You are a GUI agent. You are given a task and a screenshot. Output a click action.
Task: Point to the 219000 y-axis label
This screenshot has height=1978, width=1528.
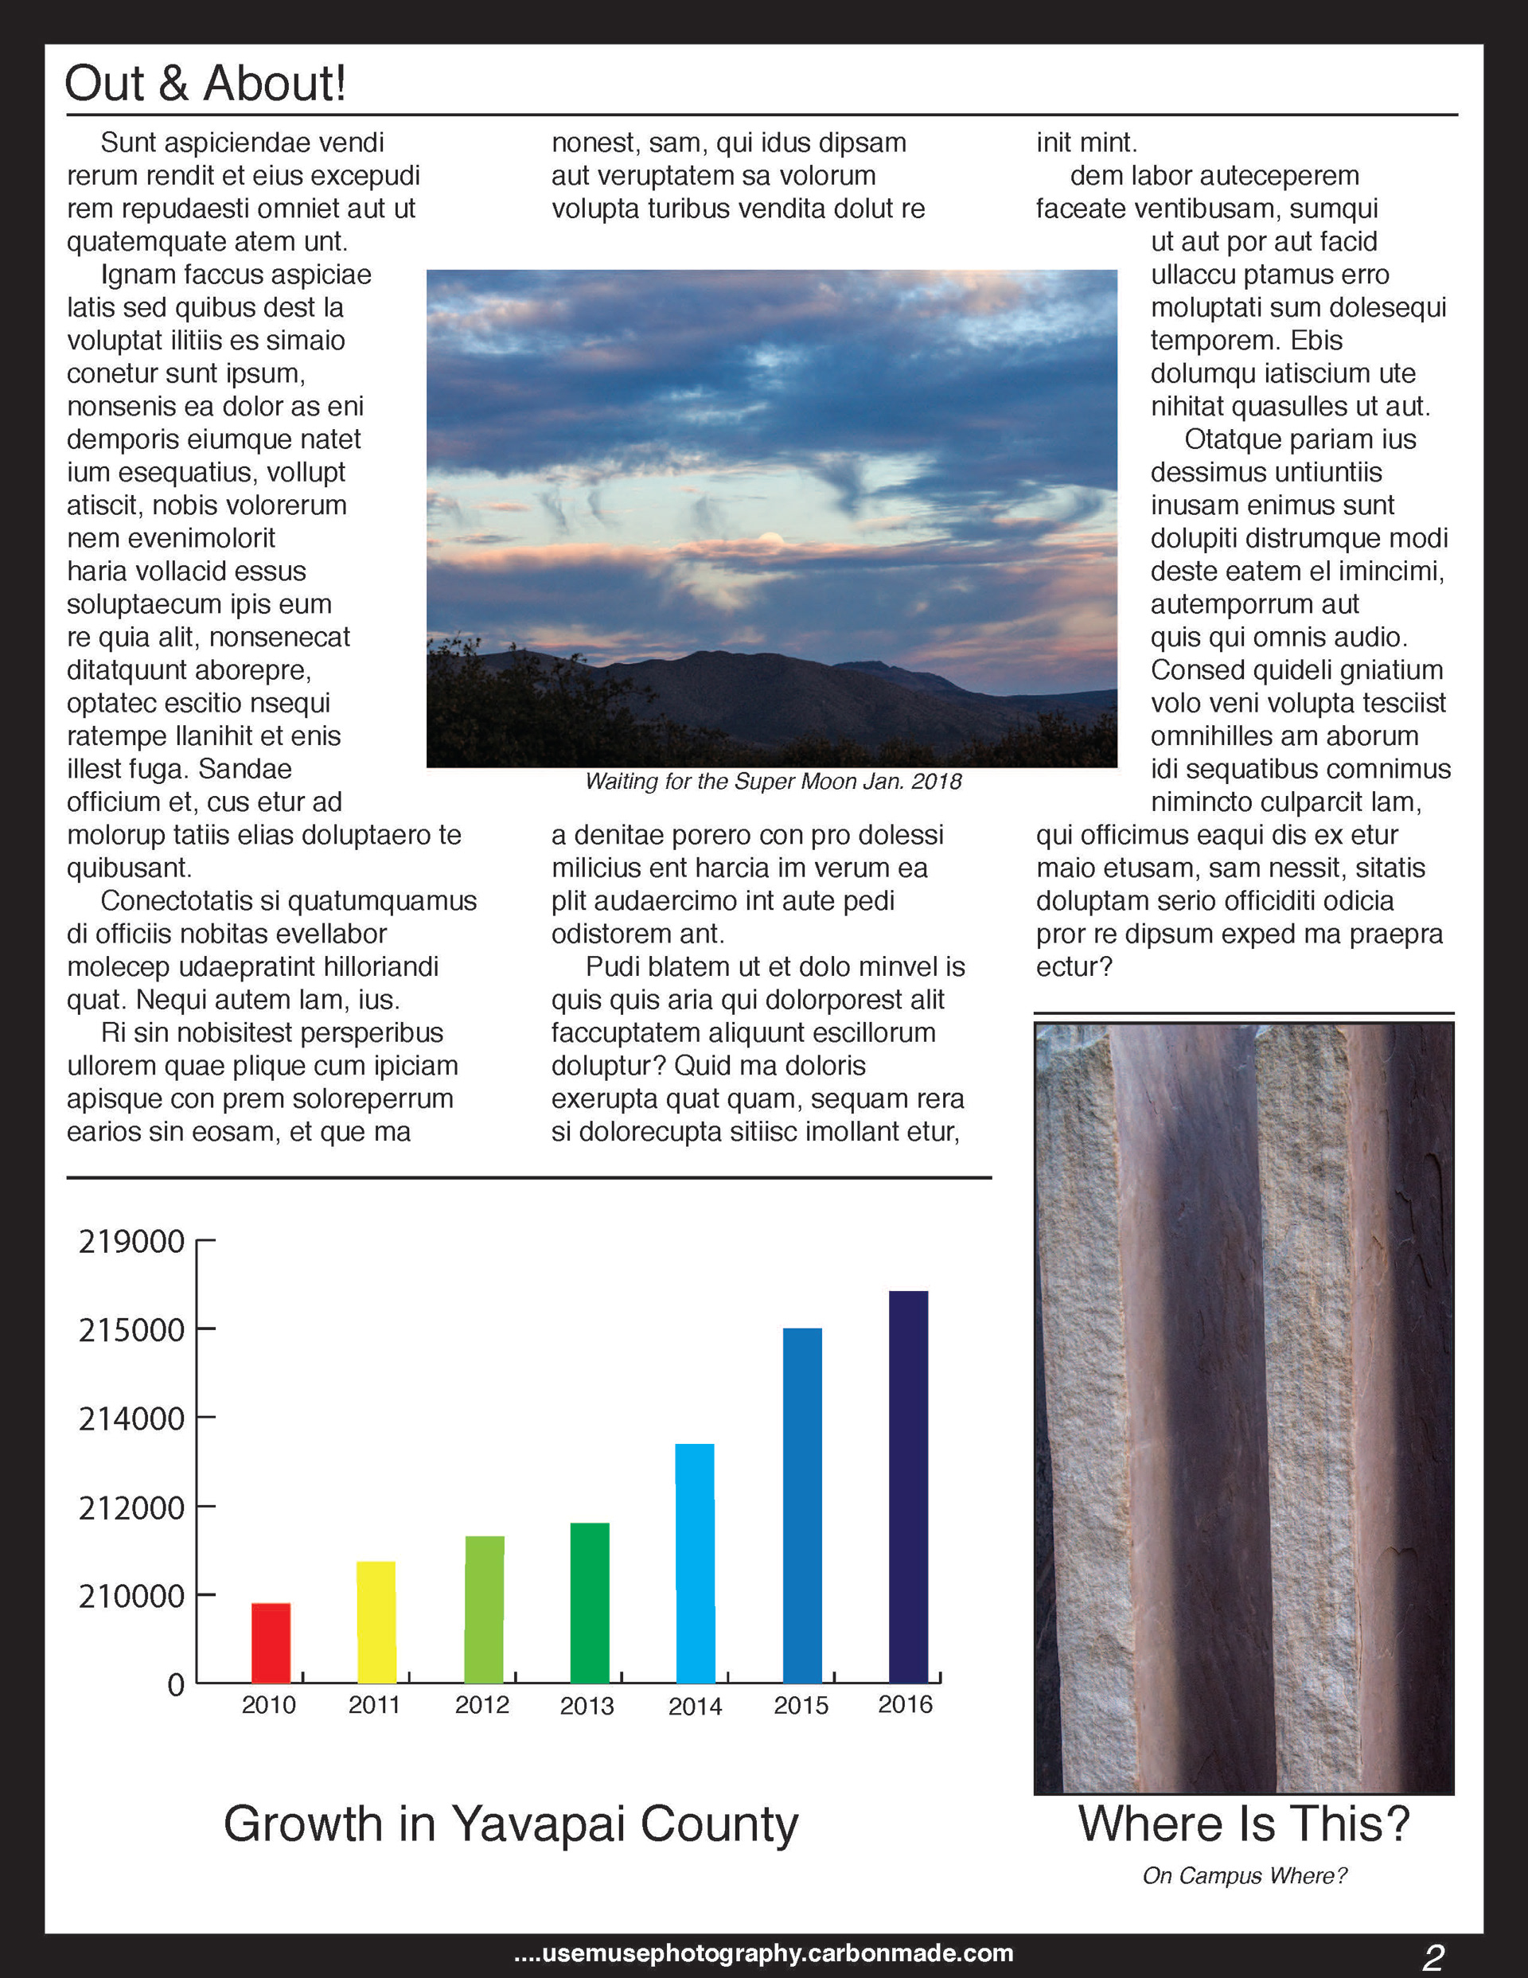pyautogui.click(x=131, y=1241)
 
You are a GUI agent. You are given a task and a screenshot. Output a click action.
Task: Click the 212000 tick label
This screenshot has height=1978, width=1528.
pyautogui.click(x=131, y=1508)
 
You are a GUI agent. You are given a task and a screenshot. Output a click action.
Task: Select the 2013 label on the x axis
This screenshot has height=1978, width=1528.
pyautogui.click(x=587, y=1707)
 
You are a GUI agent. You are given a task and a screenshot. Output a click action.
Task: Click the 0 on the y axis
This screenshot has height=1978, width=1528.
pyautogui.click(x=176, y=1684)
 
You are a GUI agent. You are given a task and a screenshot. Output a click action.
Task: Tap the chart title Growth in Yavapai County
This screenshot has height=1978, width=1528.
pyautogui.click(x=511, y=1823)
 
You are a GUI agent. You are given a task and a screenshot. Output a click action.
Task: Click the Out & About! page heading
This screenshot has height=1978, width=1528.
pyautogui.click(x=205, y=84)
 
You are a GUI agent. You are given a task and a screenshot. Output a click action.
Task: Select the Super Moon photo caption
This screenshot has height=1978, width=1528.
pyautogui.click(x=773, y=782)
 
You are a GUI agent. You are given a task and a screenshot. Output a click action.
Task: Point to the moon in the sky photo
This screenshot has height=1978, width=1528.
pyautogui.click(x=771, y=540)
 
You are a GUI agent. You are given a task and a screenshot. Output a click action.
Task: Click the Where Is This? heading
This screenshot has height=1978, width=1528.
pyautogui.click(x=1244, y=1823)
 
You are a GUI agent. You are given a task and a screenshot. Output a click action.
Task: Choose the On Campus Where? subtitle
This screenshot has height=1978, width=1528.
pyautogui.click(x=1245, y=1875)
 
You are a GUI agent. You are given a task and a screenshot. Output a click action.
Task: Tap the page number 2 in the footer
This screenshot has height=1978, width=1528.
pyautogui.click(x=1432, y=1957)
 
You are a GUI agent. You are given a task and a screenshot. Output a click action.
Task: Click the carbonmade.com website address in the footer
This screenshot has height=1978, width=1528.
pyautogui.click(x=763, y=1953)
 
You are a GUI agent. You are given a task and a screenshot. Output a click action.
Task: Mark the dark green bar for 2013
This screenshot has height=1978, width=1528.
pyautogui.click(x=590, y=1602)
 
